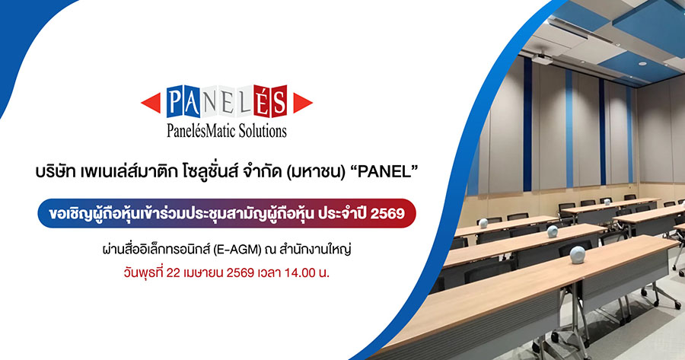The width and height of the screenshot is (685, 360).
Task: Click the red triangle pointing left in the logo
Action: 153,103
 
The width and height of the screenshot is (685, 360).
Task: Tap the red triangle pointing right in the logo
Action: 301,103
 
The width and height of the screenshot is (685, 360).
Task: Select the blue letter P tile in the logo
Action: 174,101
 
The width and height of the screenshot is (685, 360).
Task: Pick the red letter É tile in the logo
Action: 262,101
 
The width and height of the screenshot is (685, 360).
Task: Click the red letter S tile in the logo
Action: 279,101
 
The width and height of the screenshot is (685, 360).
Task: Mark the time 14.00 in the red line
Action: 300,273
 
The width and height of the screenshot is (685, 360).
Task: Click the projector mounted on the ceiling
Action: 543,58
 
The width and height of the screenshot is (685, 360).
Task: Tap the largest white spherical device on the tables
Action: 578,255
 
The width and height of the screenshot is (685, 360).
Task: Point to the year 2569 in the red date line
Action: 241,273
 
